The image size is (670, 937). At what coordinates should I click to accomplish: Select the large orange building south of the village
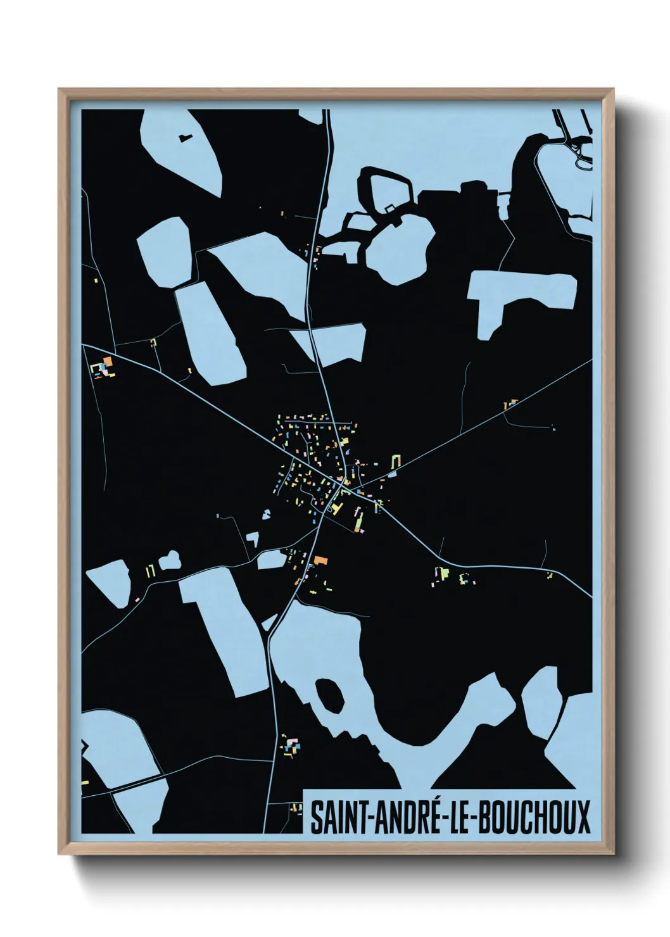[322, 561]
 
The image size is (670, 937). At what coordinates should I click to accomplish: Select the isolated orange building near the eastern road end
[550, 575]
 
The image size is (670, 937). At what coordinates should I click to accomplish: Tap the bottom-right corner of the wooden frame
[612, 853]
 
